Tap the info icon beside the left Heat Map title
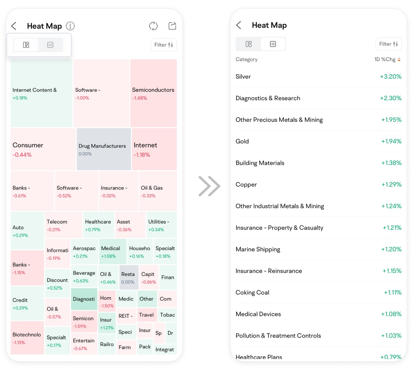[x=70, y=26]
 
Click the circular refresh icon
[x=153, y=26]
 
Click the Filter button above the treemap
[x=164, y=45]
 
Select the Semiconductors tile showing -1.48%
[x=153, y=93]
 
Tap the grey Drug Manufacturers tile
[x=103, y=149]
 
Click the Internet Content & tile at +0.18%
[x=41, y=93]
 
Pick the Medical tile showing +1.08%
[x=113, y=252]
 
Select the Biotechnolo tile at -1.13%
[x=27, y=338]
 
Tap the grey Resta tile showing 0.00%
[x=129, y=277]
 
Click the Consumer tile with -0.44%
[x=43, y=149]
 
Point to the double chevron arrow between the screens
[x=209, y=186]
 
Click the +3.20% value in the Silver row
[x=391, y=77]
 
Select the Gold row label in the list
[x=242, y=141]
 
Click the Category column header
[x=247, y=59]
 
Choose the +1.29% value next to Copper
[x=391, y=185]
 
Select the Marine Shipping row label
[x=258, y=249]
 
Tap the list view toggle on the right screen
[x=273, y=44]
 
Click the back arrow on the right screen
[x=239, y=25]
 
